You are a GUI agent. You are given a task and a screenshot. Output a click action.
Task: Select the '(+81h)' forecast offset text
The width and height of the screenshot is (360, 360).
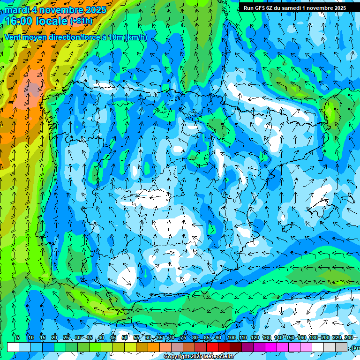[x=81, y=21]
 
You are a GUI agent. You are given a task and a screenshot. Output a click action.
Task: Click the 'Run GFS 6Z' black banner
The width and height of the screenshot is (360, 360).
[x=294, y=7]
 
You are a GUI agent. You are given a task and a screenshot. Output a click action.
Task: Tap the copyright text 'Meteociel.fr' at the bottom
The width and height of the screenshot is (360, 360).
[x=214, y=357]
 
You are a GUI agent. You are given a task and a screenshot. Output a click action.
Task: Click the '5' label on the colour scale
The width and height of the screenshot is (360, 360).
[x=18, y=337]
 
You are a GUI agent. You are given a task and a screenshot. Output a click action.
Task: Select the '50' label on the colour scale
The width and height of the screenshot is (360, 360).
[x=125, y=337]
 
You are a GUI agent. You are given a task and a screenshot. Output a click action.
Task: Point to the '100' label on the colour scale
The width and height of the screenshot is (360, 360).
[x=231, y=337]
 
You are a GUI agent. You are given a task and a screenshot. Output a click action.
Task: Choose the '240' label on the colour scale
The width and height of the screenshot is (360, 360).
[x=348, y=337]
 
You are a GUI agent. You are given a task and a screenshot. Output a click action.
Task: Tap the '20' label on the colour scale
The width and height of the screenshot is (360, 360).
[x=54, y=337]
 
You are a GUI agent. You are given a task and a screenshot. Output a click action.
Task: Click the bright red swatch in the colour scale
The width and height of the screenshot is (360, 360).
[x=212, y=347]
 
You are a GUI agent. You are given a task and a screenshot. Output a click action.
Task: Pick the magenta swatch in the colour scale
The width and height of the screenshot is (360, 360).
[x=271, y=347]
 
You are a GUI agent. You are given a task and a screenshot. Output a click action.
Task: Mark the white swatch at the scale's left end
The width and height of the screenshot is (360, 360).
[x=13, y=347]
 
